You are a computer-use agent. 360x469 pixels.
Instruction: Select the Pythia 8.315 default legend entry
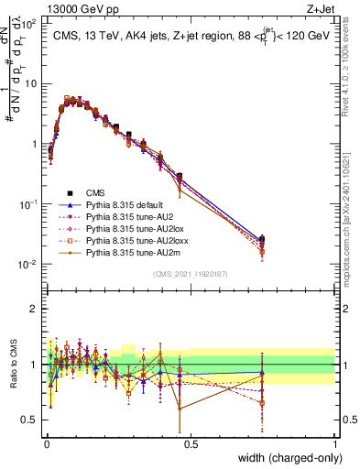(x=123, y=207)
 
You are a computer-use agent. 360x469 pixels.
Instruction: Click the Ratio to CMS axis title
(x=12, y=365)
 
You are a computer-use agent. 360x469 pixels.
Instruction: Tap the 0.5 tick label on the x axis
(x=191, y=442)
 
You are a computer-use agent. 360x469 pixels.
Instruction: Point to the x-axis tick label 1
(x=335, y=442)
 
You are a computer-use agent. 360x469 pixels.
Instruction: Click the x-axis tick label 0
(x=46, y=442)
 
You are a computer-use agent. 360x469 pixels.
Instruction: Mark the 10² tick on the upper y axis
(x=29, y=24)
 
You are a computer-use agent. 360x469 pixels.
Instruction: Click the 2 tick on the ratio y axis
(x=34, y=309)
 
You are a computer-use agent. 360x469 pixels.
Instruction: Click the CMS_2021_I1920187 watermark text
(x=190, y=273)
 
